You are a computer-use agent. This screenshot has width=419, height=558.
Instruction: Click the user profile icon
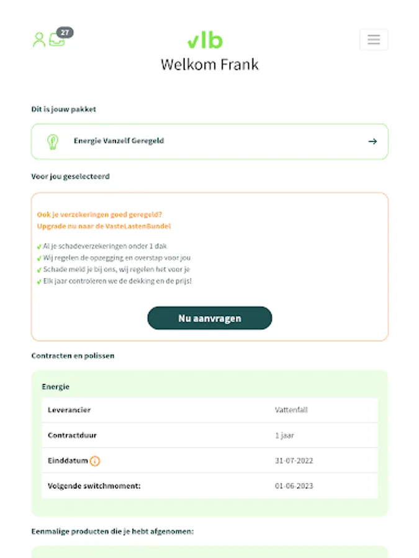39,40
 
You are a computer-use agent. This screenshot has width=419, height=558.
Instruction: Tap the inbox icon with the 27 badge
57,39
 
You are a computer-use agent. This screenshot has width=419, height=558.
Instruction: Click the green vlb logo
205,41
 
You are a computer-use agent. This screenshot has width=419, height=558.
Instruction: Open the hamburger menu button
374,40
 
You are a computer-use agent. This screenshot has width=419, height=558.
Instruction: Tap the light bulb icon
53,141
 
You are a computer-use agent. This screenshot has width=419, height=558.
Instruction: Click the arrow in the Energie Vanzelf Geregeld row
372,141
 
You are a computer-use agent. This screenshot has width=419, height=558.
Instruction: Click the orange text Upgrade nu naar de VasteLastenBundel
104,226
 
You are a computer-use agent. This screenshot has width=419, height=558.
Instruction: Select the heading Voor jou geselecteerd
70,177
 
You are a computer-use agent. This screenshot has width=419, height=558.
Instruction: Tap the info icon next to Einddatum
95,461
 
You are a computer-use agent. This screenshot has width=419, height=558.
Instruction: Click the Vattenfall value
291,410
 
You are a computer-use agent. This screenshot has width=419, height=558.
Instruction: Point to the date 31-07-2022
294,461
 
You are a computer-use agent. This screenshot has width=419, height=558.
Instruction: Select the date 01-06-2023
294,485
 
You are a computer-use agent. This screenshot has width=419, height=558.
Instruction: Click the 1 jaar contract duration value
284,435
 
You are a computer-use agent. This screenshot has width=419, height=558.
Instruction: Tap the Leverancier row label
69,410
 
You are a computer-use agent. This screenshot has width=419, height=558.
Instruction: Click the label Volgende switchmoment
94,485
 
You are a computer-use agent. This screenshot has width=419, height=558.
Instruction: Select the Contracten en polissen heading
73,356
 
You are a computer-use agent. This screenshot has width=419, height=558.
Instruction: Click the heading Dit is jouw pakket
64,109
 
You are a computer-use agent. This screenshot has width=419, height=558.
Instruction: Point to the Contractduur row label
72,435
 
